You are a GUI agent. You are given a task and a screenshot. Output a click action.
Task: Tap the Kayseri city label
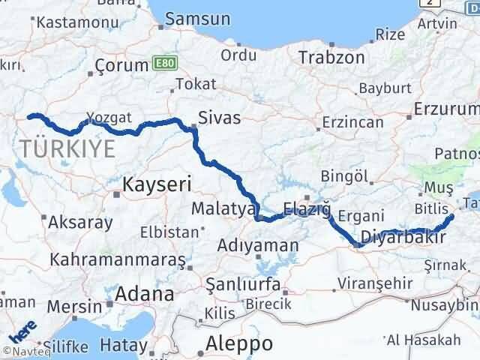157,183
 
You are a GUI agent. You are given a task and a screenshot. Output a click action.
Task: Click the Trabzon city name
331,57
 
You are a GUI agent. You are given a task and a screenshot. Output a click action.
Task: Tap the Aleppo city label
240,343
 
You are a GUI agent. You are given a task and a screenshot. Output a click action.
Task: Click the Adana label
145,294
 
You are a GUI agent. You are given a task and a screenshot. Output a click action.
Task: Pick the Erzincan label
352,122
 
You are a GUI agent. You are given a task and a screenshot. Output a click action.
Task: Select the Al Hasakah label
424,340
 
